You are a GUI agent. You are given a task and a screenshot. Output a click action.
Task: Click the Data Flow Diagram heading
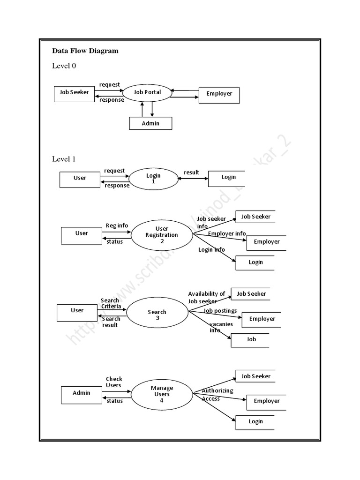click(85, 51)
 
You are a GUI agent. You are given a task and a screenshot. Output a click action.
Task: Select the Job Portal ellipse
click(147, 92)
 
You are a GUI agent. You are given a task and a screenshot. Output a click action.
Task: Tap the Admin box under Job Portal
click(150, 123)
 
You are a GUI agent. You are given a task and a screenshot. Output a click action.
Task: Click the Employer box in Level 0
click(219, 94)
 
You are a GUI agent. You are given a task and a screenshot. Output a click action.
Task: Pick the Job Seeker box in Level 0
click(74, 93)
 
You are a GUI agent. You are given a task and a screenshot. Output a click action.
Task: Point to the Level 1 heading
click(64, 159)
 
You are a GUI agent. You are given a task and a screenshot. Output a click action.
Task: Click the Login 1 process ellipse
click(153, 179)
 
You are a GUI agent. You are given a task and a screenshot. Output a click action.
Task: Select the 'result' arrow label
click(191, 172)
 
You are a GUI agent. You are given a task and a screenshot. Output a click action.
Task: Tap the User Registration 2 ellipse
click(162, 235)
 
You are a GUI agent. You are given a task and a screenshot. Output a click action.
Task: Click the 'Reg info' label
click(117, 225)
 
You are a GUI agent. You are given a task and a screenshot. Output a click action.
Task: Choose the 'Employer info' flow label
click(227, 233)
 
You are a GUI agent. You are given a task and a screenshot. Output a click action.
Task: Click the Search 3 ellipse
click(157, 315)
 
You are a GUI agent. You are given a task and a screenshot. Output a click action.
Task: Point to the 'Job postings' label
click(220, 311)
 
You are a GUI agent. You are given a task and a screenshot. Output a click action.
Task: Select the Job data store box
click(251, 339)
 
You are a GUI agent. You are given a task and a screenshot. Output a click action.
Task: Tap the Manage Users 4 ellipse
click(162, 394)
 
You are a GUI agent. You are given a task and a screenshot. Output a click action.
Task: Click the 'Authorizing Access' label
click(217, 395)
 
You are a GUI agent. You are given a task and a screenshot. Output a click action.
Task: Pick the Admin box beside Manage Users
click(81, 393)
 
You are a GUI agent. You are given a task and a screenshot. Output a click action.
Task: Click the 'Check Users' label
click(113, 382)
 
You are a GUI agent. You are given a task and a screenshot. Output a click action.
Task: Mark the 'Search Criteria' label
click(111, 303)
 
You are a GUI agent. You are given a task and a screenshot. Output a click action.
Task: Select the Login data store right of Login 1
click(228, 177)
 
